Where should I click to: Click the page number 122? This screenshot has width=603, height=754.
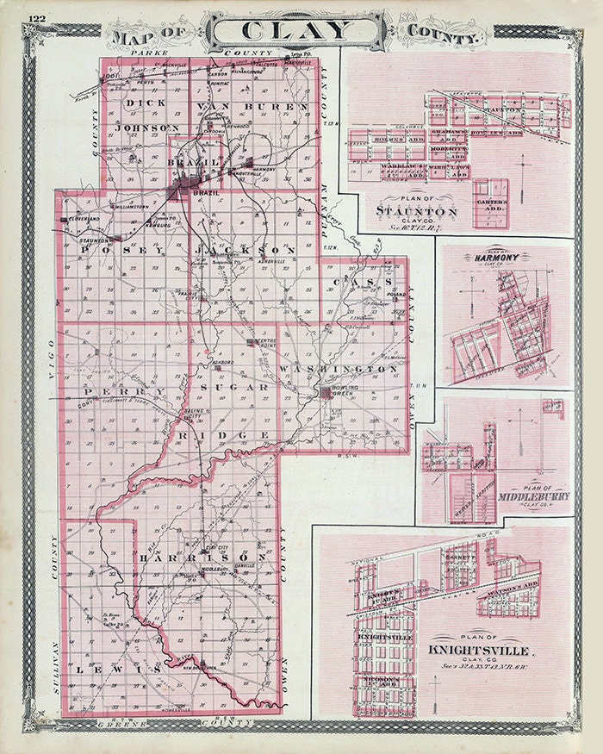pos(37,18)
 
